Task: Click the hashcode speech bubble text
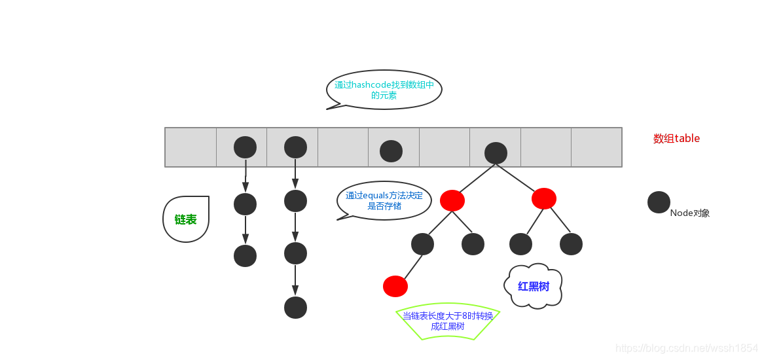click(384, 90)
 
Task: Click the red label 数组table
click(676, 139)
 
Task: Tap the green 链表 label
click(185, 220)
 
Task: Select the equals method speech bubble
click(384, 200)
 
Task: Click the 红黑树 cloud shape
click(534, 286)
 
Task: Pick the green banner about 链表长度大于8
click(448, 321)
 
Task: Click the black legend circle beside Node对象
click(659, 202)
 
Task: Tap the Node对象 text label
click(690, 213)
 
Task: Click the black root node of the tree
click(496, 153)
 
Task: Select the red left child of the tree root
click(452, 200)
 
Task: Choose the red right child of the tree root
click(544, 198)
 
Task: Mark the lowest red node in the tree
click(395, 286)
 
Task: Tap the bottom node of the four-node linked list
click(295, 307)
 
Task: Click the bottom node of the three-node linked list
click(245, 255)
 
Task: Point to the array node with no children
click(391, 151)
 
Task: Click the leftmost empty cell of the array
click(191, 147)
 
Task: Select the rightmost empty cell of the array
click(596, 147)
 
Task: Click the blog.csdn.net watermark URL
click(687, 348)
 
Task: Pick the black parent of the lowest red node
click(423, 244)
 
